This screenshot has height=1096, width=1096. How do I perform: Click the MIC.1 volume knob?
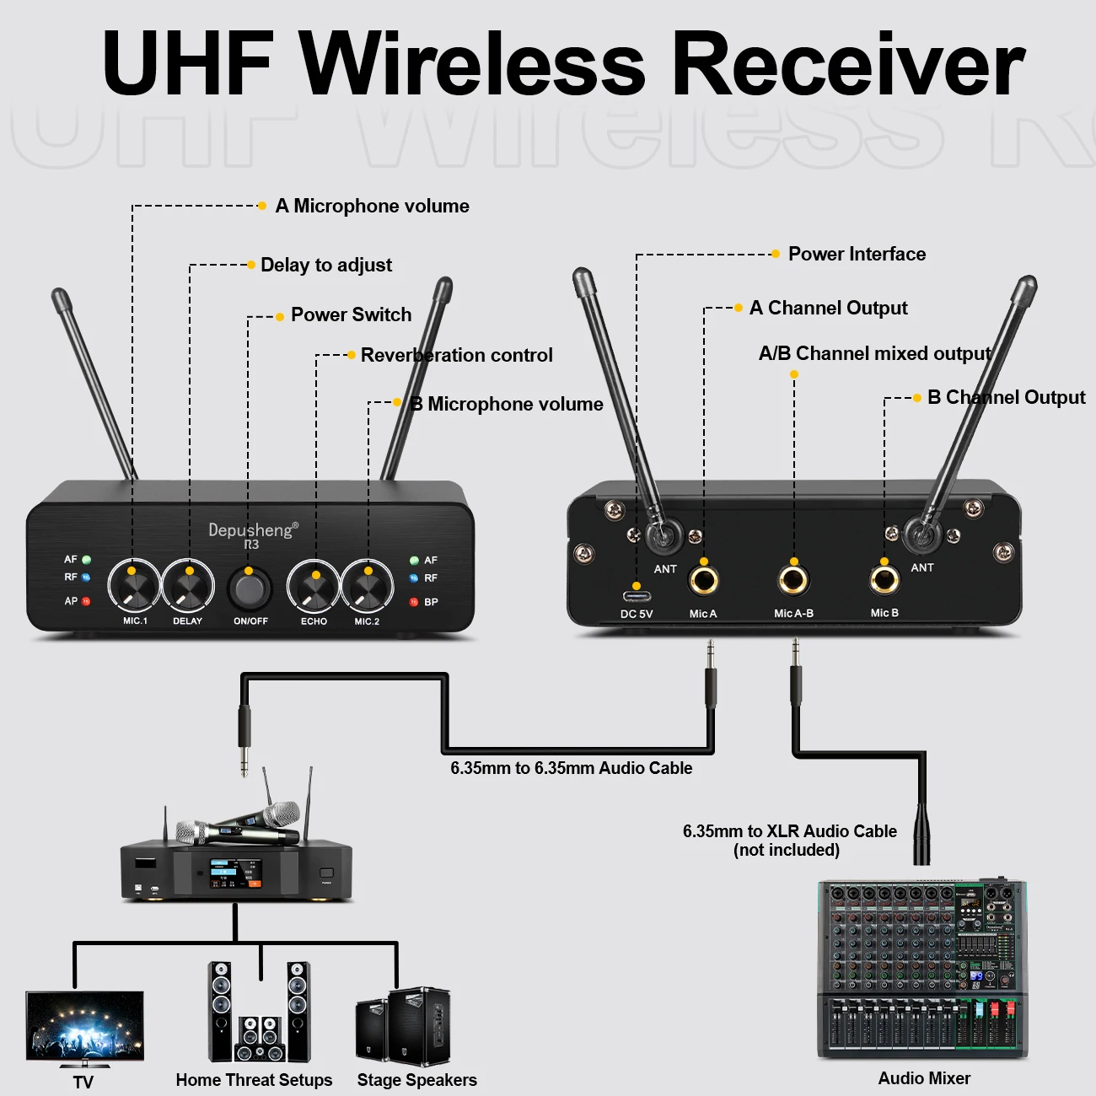(134, 585)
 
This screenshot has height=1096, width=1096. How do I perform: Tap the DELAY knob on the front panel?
(188, 585)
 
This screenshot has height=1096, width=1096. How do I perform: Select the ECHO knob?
(314, 585)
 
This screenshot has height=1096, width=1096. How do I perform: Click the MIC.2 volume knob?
(368, 585)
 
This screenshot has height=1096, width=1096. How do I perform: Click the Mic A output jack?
(703, 580)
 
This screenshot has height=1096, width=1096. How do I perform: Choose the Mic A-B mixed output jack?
(793, 580)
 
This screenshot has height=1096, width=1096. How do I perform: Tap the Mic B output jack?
(884, 580)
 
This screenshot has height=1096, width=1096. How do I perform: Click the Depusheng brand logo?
(252, 531)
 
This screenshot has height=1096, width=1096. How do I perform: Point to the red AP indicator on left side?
(86, 601)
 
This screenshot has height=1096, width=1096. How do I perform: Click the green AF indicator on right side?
(414, 560)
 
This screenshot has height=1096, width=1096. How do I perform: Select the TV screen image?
(84, 1029)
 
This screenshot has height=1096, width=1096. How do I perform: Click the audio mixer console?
(922, 970)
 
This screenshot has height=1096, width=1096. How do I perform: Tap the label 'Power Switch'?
(351, 314)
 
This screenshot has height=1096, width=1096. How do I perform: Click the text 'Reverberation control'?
(456, 355)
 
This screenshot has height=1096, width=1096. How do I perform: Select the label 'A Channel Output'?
(828, 308)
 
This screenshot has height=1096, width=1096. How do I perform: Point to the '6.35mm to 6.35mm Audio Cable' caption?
(571, 768)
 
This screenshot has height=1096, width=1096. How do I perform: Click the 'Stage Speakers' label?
(416, 1080)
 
